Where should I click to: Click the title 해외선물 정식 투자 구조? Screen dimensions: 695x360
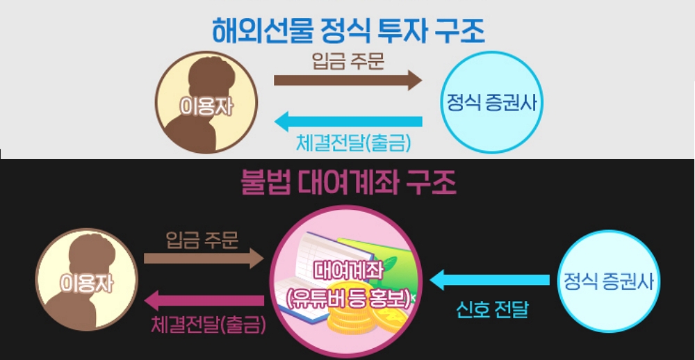347,31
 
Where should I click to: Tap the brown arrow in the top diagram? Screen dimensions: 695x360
347,80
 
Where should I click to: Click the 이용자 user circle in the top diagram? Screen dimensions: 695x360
206,102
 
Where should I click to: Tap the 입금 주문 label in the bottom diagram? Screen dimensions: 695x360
202,240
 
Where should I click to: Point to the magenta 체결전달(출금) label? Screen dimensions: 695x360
208,323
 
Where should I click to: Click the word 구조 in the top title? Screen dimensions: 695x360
459,31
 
